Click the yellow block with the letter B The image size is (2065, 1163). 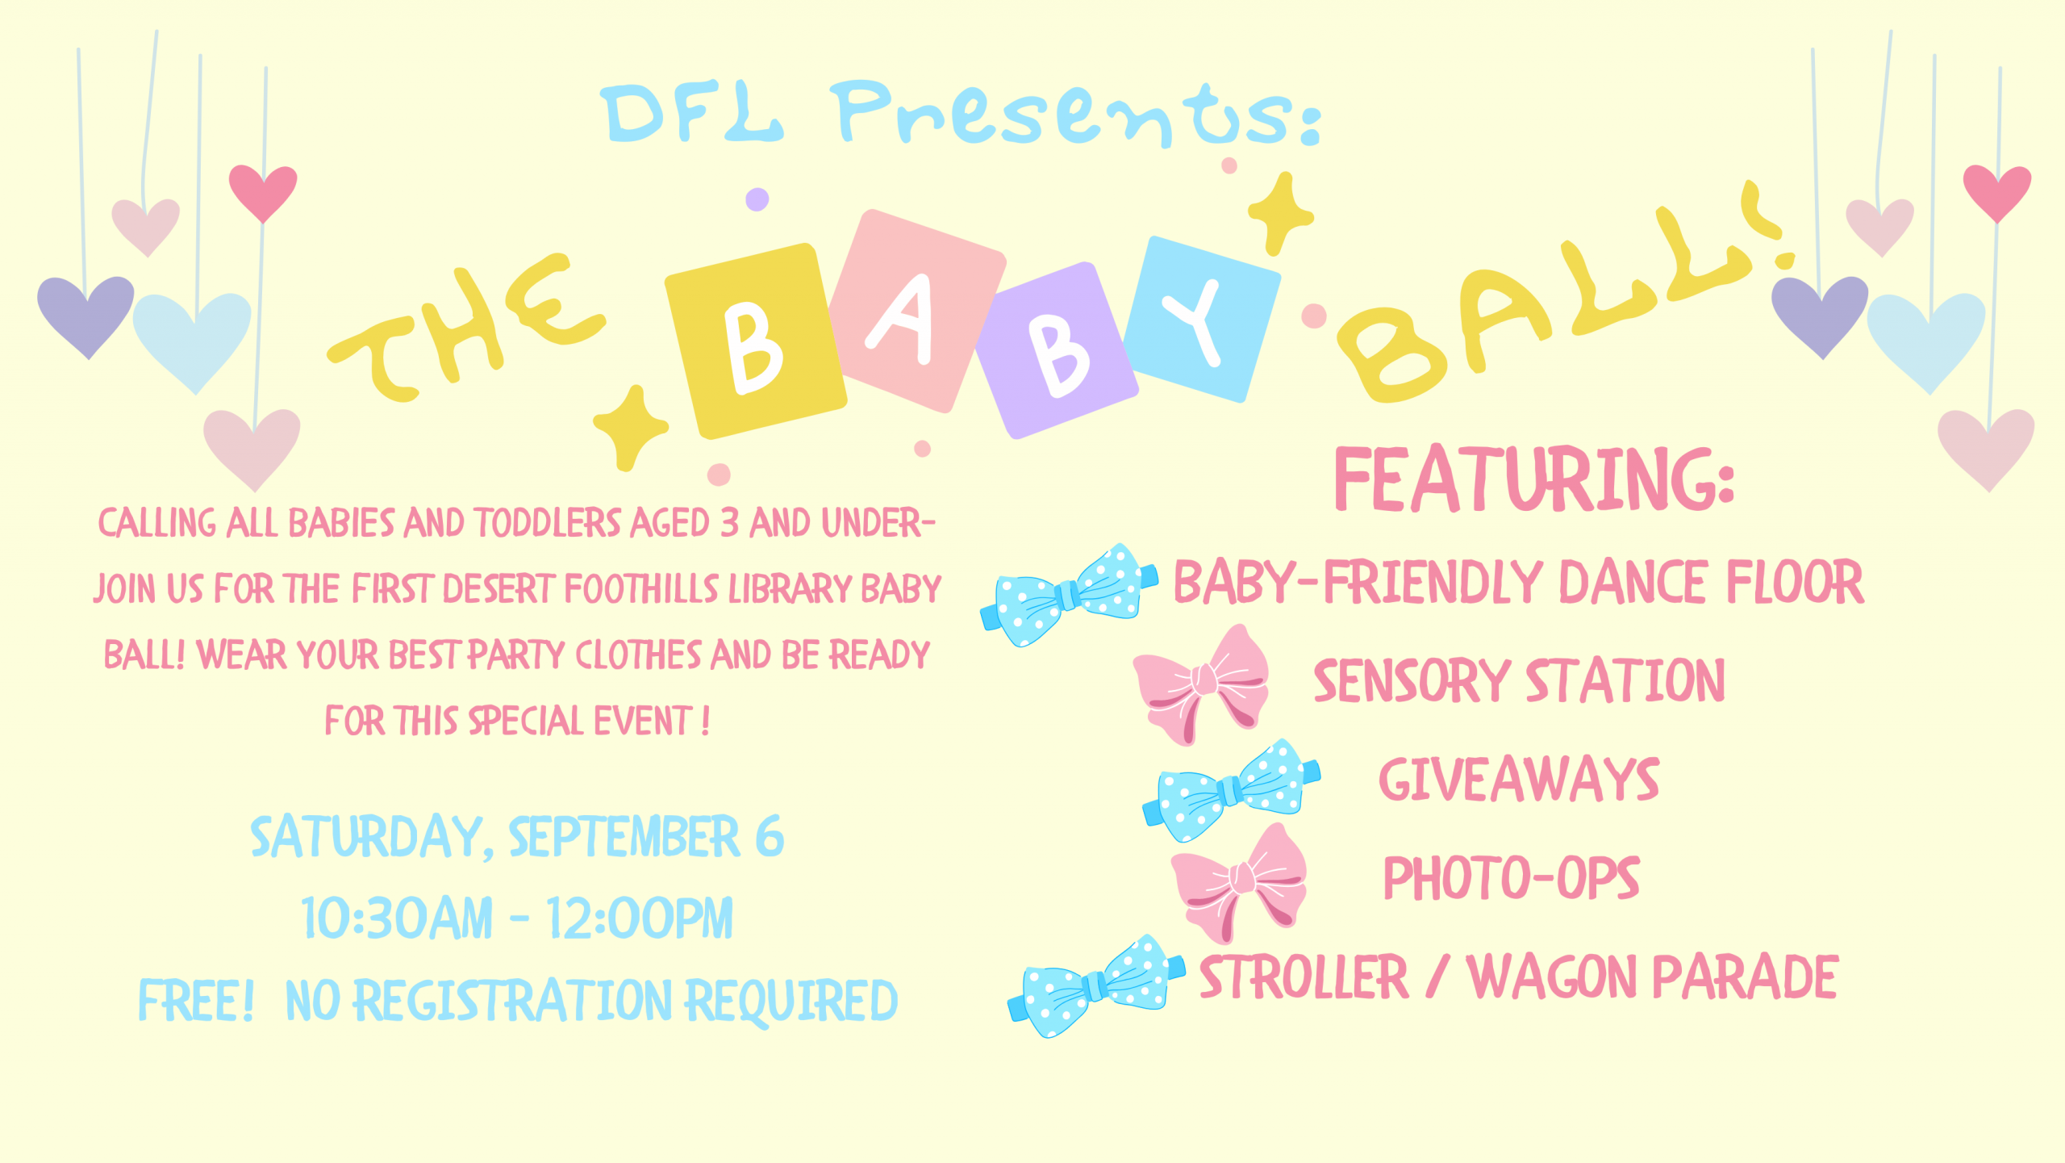756,341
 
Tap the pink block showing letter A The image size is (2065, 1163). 917,311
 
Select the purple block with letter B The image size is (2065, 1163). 1057,350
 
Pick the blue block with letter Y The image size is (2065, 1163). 1202,320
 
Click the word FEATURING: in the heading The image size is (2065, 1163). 1534,479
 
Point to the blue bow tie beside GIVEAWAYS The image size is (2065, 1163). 1232,790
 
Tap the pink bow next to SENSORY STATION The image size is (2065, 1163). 1201,684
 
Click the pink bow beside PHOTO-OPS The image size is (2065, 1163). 1239,884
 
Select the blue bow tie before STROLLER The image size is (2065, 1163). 1097,986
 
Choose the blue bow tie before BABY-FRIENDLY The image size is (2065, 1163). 1070,595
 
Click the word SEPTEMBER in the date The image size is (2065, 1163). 624,837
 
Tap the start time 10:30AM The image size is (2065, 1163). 397,918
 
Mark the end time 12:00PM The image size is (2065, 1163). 639,918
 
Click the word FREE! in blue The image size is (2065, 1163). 197,1001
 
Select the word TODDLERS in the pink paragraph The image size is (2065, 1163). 548,523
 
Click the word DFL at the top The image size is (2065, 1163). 692,113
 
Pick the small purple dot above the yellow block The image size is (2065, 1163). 757,199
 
